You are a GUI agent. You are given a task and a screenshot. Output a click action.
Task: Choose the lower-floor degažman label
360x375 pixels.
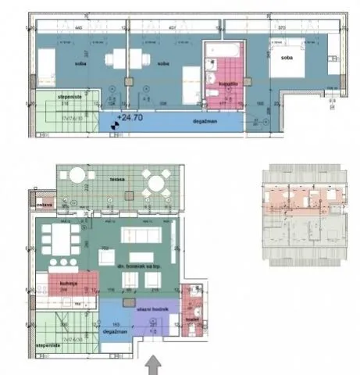coord(118,332)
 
